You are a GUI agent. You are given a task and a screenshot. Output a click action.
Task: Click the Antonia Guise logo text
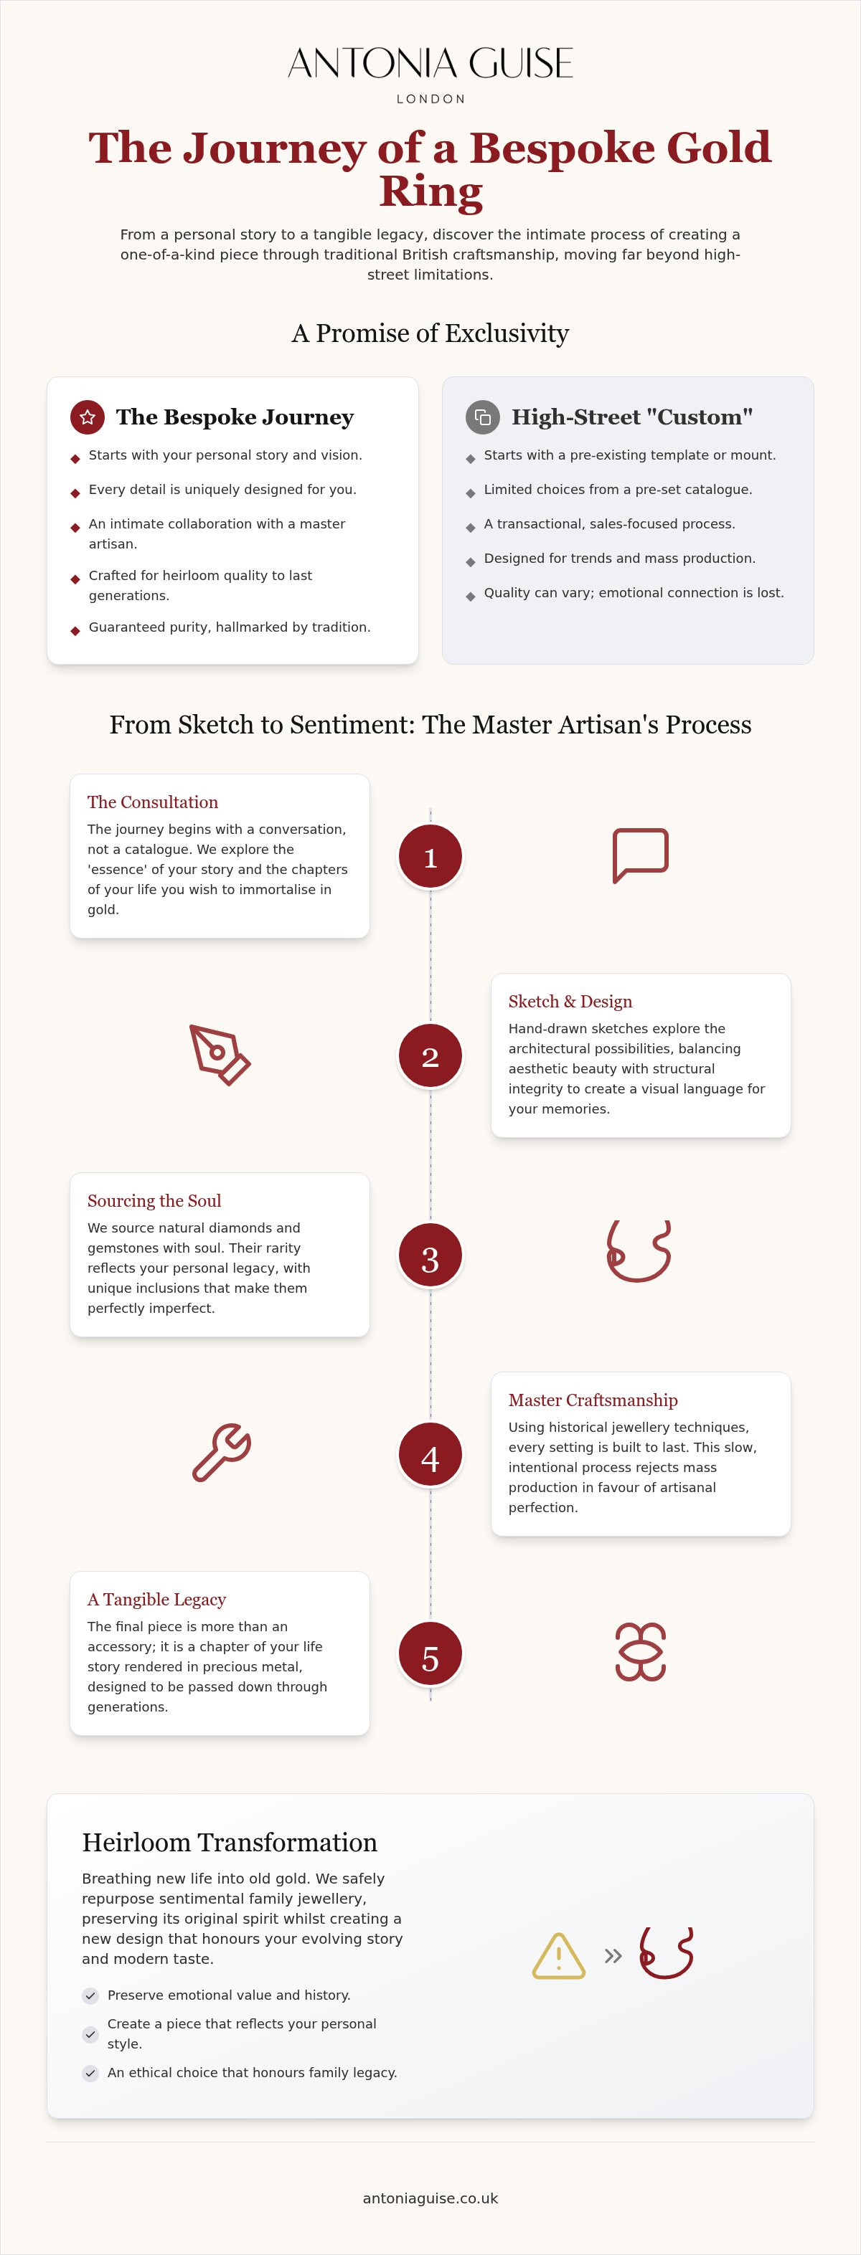point(430,63)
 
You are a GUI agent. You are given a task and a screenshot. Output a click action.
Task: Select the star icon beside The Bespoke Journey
point(88,417)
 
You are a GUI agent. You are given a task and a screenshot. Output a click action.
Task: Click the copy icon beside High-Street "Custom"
point(483,417)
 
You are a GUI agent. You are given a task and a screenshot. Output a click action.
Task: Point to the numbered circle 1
point(430,857)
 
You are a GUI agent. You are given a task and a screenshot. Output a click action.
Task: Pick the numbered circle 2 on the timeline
point(430,1055)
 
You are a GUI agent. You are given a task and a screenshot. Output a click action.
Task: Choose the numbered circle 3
point(430,1255)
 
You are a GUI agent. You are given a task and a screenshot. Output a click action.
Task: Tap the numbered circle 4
point(430,1455)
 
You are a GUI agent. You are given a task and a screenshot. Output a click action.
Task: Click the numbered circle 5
point(430,1653)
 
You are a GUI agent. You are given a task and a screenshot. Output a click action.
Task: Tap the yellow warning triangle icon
point(559,1957)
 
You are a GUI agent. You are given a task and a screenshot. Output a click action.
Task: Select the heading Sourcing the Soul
point(154,1201)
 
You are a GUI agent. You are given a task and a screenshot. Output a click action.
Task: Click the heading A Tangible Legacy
point(157,1600)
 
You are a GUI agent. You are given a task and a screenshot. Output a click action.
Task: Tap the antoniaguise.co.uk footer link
point(430,2198)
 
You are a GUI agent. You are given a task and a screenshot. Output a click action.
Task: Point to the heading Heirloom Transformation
point(230,1843)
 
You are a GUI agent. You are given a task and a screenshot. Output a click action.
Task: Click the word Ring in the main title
point(431,191)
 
